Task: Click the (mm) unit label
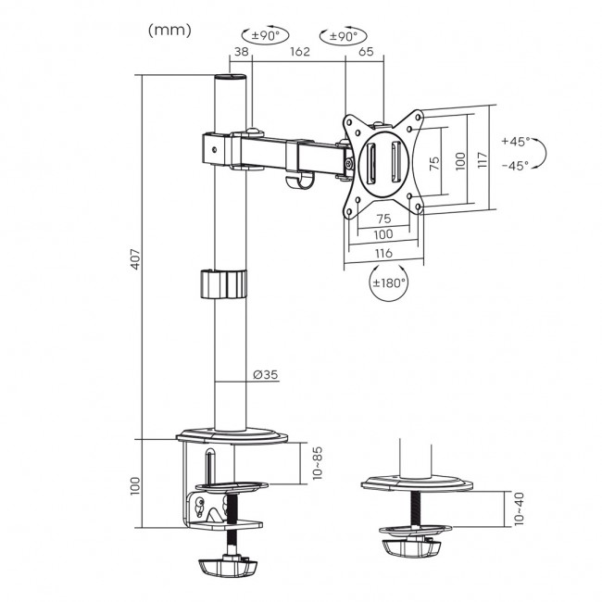pos(169,30)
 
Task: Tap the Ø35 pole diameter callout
pos(266,375)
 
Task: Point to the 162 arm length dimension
pos(298,53)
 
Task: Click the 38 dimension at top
pos(240,53)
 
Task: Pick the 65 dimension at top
pos(365,53)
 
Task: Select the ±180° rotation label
pos(389,284)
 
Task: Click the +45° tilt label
pos(514,142)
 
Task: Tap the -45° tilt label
pos(514,166)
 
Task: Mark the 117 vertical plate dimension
pos(480,159)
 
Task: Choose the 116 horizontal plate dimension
pos(383,253)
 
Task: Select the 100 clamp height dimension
pos(136,483)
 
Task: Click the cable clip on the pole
pos(223,283)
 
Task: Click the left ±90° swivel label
pos(257,37)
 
